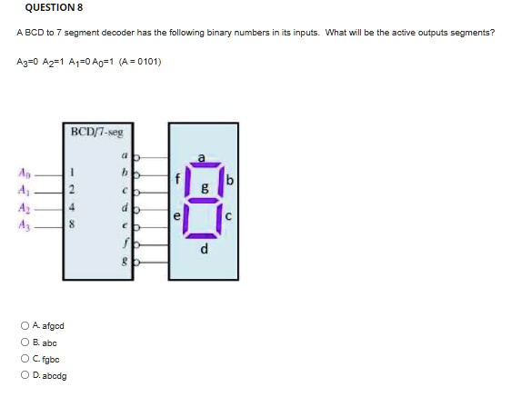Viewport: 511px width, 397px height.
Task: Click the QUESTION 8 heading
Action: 54,7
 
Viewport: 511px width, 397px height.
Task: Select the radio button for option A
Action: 25,325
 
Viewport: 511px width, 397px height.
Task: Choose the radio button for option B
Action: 25,342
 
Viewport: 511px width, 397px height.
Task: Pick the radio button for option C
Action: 25,359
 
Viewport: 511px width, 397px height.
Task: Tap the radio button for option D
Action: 25,375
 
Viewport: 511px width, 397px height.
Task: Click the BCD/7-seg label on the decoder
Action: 97,133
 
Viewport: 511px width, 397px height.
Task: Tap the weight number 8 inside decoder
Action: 72,224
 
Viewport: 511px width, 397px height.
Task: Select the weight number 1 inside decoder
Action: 72,173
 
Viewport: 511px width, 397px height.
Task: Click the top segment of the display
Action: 204,164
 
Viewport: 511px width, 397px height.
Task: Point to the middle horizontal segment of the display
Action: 204,200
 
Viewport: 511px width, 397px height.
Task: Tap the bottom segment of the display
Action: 202,235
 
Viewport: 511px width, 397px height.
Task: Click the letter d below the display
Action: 204,249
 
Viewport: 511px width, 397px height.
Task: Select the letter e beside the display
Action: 176,216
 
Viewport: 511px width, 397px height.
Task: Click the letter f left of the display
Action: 177,179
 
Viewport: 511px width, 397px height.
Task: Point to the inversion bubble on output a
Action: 137,158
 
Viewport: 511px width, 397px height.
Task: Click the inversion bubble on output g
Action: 137,263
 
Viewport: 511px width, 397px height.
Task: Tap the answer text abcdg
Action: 55,376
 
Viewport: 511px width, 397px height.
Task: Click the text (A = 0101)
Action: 140,62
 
